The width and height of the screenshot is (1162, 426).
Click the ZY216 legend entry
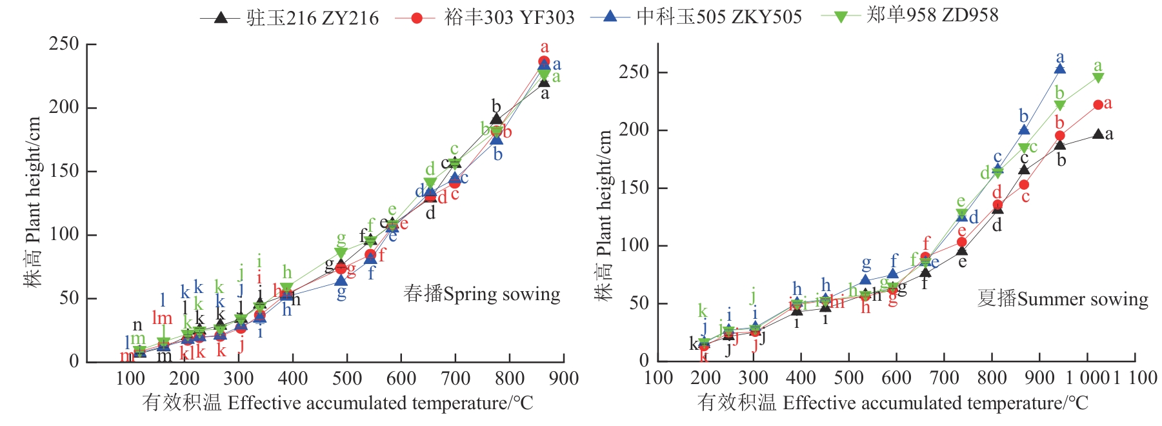click(x=290, y=17)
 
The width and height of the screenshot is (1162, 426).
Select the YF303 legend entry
click(x=485, y=17)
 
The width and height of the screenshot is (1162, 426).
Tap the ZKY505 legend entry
click(x=696, y=17)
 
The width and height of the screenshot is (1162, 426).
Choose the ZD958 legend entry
click(x=910, y=15)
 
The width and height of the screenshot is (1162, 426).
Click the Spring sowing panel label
click(x=481, y=294)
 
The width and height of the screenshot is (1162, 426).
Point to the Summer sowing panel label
click(x=1062, y=299)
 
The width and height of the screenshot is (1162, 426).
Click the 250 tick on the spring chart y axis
click(x=64, y=44)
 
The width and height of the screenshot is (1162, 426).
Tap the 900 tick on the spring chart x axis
click(x=563, y=378)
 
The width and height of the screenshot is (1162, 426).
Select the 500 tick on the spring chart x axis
click(x=346, y=378)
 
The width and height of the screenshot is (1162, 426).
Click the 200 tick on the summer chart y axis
click(x=634, y=130)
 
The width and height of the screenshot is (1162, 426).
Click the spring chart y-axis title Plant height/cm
click(x=33, y=201)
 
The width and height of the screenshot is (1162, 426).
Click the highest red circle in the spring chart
click(x=544, y=62)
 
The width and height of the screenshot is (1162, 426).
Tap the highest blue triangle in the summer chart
click(x=1059, y=69)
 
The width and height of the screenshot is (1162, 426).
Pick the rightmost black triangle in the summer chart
click(x=1098, y=134)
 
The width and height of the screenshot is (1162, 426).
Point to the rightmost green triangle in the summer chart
click(x=1097, y=78)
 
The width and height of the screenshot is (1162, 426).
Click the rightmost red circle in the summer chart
click(x=1098, y=105)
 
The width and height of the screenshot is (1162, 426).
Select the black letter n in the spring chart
click(x=137, y=325)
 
